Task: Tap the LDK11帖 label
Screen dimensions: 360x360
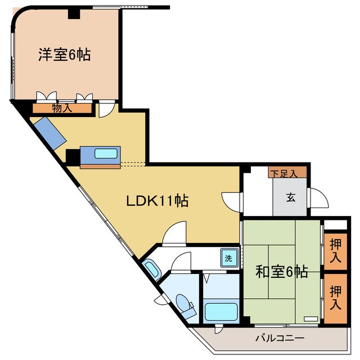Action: tap(156, 200)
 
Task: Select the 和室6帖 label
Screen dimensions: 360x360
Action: tap(281, 272)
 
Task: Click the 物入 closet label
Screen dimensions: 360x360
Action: tap(62, 109)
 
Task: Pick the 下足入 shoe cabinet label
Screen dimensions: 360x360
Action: tap(287, 173)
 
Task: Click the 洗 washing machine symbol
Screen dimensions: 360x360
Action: tap(228, 259)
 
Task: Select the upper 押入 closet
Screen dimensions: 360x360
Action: tap(335, 251)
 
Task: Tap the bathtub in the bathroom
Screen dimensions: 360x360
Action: tap(221, 311)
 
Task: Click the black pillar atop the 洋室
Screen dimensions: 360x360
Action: tap(74, 13)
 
